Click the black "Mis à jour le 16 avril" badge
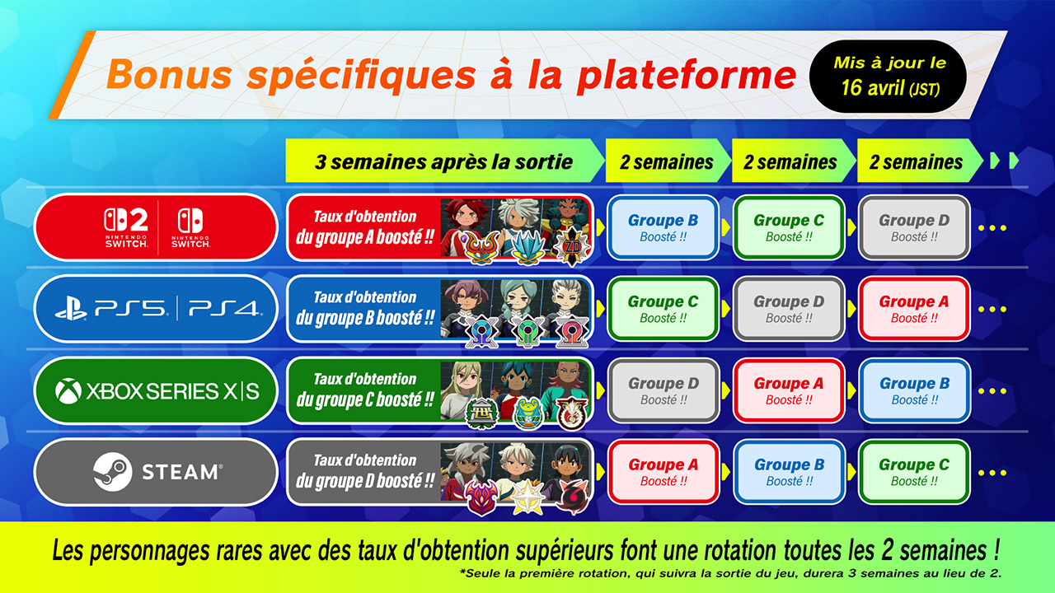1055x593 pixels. click(x=889, y=75)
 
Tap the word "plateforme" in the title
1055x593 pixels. click(x=686, y=75)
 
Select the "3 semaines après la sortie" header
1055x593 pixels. click(x=443, y=161)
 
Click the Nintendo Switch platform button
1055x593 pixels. click(x=156, y=226)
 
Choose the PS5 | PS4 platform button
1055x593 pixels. click(x=156, y=308)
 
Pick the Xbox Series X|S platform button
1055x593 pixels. click(x=156, y=390)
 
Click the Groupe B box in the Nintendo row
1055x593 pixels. click(x=663, y=227)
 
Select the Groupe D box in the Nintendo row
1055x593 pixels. click(x=913, y=227)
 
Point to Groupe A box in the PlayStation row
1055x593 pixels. click(x=913, y=309)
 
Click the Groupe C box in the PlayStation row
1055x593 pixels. click(x=663, y=309)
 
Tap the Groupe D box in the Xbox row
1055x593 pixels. click(x=663, y=390)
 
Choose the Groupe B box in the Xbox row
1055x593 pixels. click(x=913, y=390)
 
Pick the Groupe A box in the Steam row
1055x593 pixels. click(x=663, y=472)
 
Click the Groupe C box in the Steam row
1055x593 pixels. click(x=913, y=472)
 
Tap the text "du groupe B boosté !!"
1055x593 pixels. click(x=364, y=319)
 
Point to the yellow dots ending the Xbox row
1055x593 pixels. click(x=992, y=391)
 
